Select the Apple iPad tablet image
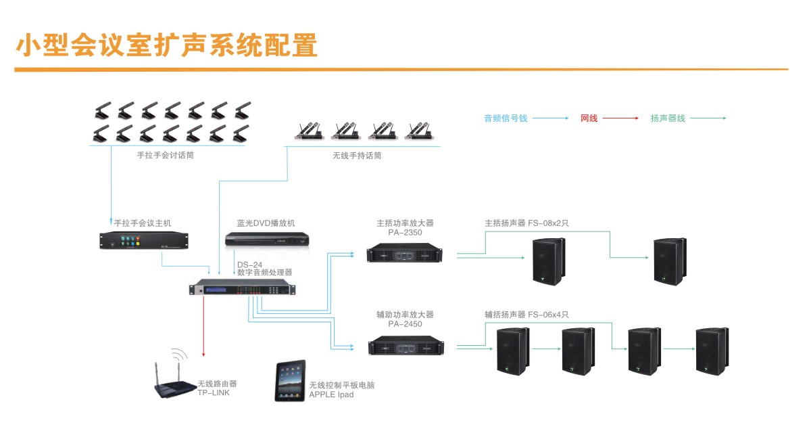point(290,381)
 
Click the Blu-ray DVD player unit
point(266,240)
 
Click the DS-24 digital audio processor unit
point(243,289)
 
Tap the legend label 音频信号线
point(506,118)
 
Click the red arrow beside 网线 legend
point(620,118)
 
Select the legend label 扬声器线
point(668,118)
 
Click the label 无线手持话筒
point(357,156)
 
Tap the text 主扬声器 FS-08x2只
point(527,222)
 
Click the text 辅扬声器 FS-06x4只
point(527,315)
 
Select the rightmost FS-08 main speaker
point(670,261)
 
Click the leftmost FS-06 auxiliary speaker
point(512,351)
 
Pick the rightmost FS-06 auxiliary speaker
point(712,351)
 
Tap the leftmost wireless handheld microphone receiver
point(307,130)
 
